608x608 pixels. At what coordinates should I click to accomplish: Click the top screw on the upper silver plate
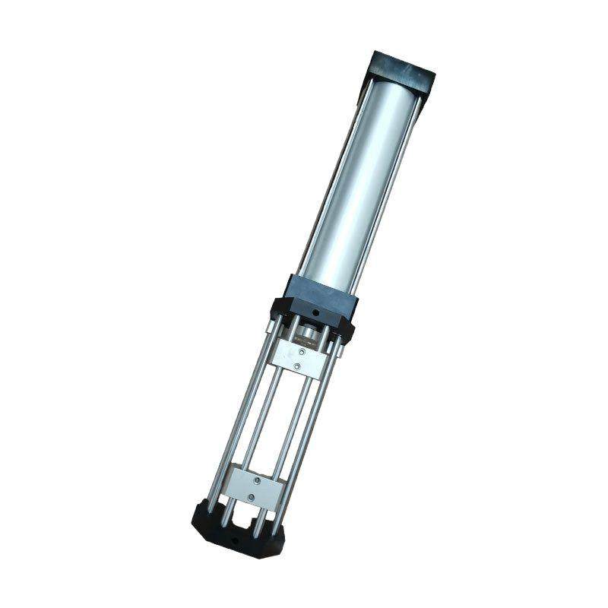[x=303, y=352]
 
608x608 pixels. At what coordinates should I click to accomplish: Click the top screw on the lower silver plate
[x=258, y=481]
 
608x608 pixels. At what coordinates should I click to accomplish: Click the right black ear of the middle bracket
[x=347, y=330]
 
